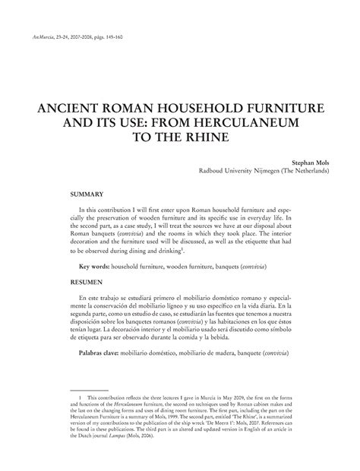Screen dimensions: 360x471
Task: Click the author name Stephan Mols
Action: tap(309, 162)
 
